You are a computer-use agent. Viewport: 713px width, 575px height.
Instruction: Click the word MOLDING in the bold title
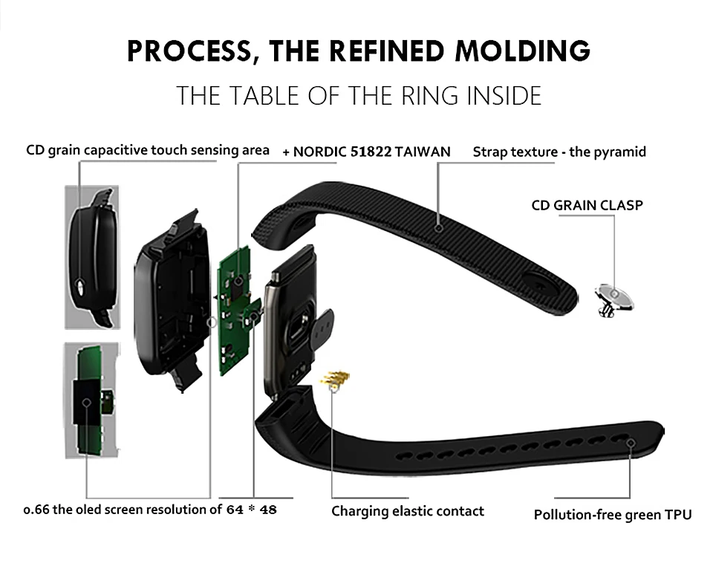point(522,51)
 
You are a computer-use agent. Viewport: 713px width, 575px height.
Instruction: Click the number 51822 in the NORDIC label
point(371,152)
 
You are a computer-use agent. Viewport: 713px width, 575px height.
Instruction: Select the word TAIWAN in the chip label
point(423,152)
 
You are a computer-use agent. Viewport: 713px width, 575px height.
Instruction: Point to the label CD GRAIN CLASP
point(587,205)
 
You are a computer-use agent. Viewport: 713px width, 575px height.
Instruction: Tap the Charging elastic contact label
point(408,511)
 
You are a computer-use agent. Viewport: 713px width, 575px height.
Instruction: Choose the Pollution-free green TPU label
point(613,515)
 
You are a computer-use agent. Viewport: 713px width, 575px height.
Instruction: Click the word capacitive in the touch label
point(117,150)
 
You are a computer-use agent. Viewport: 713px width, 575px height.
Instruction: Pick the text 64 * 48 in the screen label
point(252,510)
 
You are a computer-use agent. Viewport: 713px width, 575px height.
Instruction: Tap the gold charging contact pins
point(335,378)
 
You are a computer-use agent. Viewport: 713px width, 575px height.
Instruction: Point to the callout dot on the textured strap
point(438,228)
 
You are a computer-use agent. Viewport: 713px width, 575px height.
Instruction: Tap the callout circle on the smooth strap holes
point(631,443)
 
